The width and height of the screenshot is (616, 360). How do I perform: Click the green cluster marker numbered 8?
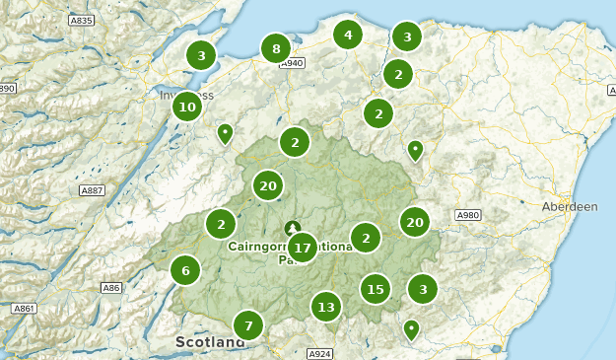pyautogui.click(x=276, y=48)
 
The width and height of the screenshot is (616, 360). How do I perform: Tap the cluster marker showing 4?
pyautogui.click(x=347, y=36)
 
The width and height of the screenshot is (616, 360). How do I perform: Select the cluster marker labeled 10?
pyautogui.click(x=187, y=106)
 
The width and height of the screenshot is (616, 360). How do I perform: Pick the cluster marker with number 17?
pyautogui.click(x=302, y=248)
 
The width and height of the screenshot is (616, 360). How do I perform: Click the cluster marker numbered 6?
pyautogui.click(x=184, y=269)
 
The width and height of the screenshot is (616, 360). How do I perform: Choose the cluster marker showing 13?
pyautogui.click(x=326, y=307)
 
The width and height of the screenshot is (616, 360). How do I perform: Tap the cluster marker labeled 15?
pyautogui.click(x=375, y=289)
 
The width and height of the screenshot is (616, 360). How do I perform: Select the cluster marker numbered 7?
pyautogui.click(x=248, y=324)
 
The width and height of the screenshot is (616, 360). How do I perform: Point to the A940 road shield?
pyautogui.click(x=292, y=64)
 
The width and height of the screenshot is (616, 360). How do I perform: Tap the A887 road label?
pyautogui.click(x=93, y=190)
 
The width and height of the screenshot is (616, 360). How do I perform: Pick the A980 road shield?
pyautogui.click(x=467, y=215)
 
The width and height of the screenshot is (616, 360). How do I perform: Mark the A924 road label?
pyautogui.click(x=319, y=353)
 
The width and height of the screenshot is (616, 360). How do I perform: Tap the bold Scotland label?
pyautogui.click(x=210, y=342)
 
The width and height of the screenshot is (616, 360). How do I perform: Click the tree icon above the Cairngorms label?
pyautogui.click(x=292, y=228)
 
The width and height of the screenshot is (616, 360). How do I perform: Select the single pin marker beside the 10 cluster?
pyautogui.click(x=226, y=132)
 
